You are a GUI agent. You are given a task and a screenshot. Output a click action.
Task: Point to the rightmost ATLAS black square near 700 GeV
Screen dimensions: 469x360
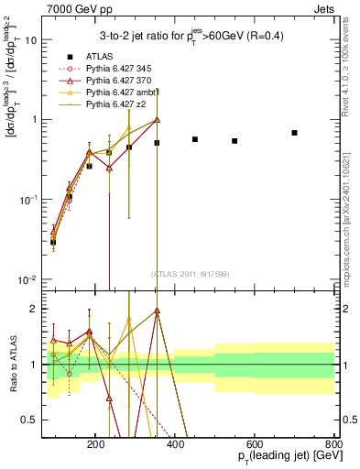click(294, 133)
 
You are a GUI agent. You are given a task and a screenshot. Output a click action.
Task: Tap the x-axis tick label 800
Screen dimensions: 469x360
click(333, 443)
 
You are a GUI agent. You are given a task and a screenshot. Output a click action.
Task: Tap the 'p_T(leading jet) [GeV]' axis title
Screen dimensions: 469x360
click(278, 456)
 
